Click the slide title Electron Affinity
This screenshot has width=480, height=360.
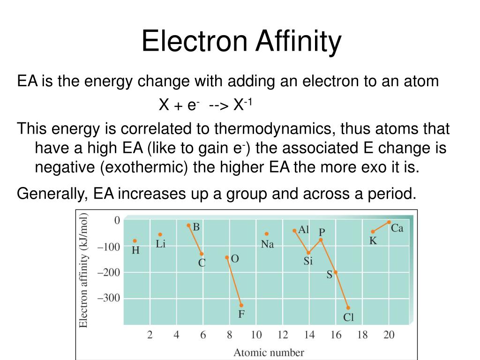click(241, 41)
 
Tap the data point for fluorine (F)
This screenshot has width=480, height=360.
click(241, 305)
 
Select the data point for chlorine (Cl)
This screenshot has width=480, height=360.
click(348, 308)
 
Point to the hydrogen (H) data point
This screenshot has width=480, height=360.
click(135, 241)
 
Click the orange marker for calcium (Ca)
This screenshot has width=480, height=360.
click(389, 222)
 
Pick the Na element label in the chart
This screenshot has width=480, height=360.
click(267, 244)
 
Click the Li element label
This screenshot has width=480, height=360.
click(161, 244)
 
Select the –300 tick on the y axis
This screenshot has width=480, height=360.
click(108, 298)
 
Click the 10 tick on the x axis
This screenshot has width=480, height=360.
click(256, 335)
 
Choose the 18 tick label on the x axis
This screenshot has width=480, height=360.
click(362, 335)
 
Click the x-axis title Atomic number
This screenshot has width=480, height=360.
click(269, 352)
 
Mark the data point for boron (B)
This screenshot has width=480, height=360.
click(188, 225)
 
